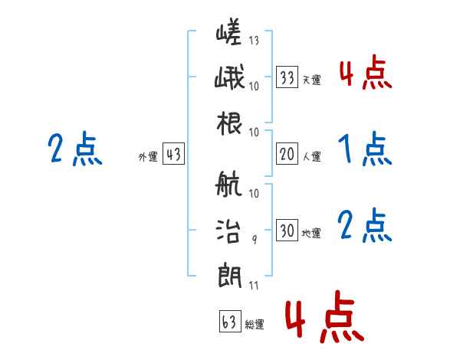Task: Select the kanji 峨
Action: (x=228, y=79)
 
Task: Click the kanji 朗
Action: (x=228, y=270)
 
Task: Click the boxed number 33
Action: (x=287, y=77)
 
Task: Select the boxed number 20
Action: (x=287, y=154)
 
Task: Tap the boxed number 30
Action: (x=287, y=231)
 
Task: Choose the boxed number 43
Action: (x=173, y=154)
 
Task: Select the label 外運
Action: (x=148, y=157)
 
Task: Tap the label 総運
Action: (x=255, y=325)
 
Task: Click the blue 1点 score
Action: (x=364, y=149)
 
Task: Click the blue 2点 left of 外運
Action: (x=74, y=149)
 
